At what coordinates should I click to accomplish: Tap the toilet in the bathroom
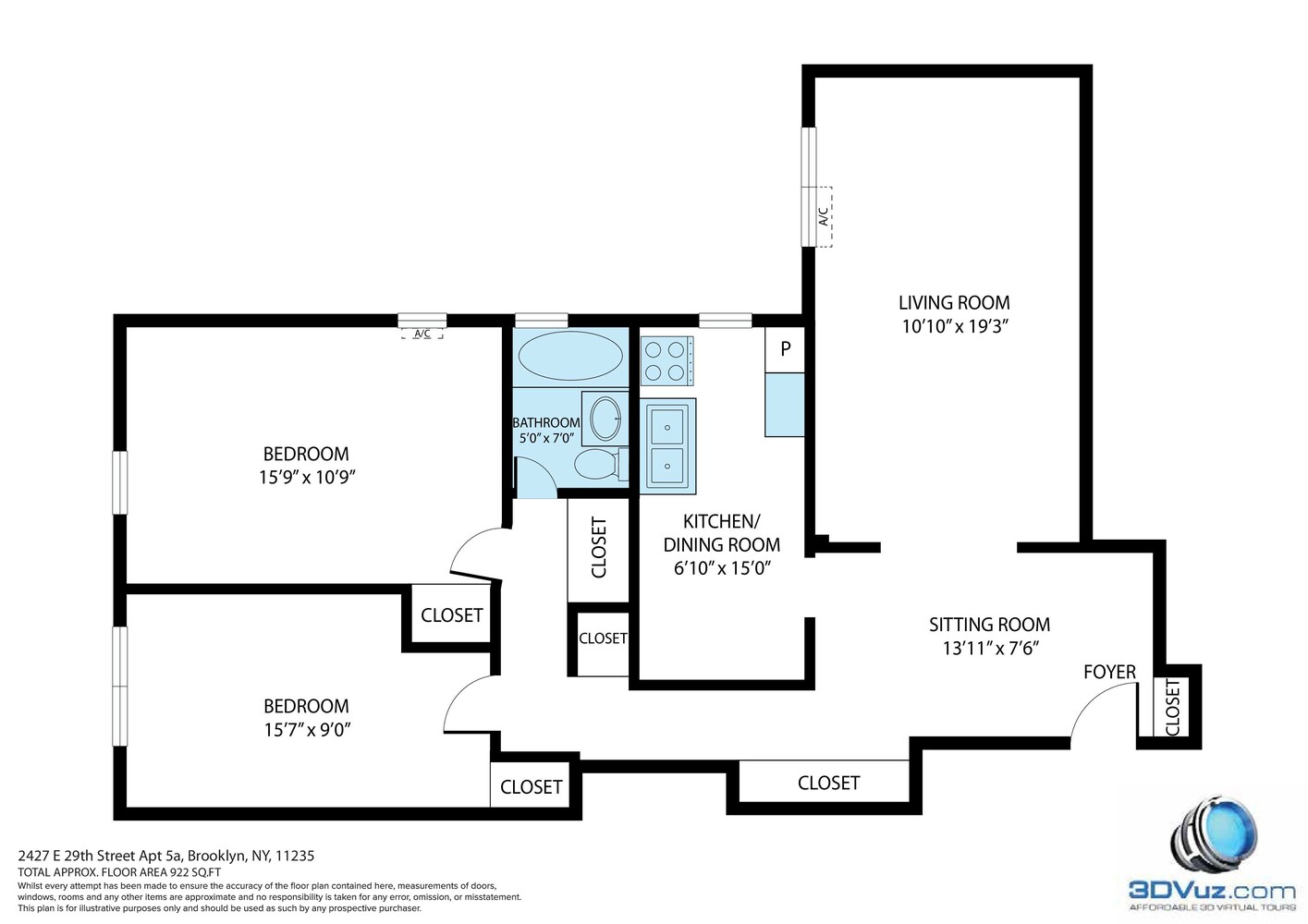tap(596, 464)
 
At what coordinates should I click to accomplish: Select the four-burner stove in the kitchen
tap(666, 361)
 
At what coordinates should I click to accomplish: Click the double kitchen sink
tap(668, 445)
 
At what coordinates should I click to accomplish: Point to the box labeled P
tap(785, 349)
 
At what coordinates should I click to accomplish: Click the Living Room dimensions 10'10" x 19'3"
tap(954, 326)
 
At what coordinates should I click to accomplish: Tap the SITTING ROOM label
tap(989, 625)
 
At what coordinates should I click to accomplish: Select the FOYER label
tap(1109, 672)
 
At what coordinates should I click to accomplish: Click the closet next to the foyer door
tap(1172, 707)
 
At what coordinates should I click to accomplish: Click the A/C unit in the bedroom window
tap(422, 334)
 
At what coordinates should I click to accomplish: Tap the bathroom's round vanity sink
tap(606, 418)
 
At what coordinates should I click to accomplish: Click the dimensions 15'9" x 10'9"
tap(307, 478)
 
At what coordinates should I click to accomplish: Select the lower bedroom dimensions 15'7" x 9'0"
tap(306, 730)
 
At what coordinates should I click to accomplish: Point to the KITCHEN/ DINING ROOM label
tap(721, 533)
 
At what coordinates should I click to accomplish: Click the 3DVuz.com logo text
tap(1211, 891)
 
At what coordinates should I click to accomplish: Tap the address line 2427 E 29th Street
tap(166, 856)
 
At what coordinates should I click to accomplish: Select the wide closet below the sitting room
tap(828, 783)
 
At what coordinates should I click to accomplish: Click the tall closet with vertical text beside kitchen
tap(598, 548)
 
